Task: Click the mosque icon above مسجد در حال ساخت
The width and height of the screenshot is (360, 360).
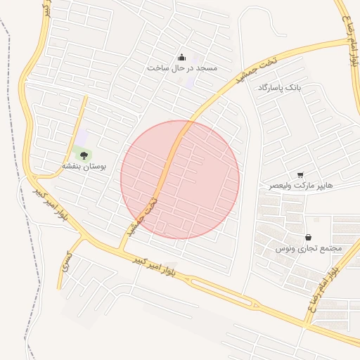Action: [x=181, y=57]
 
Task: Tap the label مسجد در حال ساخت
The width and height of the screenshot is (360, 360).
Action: [x=182, y=68]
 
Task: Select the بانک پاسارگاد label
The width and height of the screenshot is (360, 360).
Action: [x=279, y=88]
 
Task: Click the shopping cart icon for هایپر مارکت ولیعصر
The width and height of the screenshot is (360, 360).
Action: [x=300, y=174]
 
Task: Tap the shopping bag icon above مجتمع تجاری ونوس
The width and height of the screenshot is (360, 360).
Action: [x=308, y=238]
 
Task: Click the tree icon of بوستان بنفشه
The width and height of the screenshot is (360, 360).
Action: [x=84, y=155]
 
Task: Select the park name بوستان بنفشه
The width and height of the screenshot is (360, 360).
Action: [x=84, y=167]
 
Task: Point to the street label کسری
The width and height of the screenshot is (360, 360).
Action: [x=65, y=262]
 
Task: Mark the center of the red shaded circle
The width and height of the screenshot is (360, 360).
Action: [x=180, y=179]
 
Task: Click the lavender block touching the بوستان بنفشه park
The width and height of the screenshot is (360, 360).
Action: [x=82, y=136]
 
